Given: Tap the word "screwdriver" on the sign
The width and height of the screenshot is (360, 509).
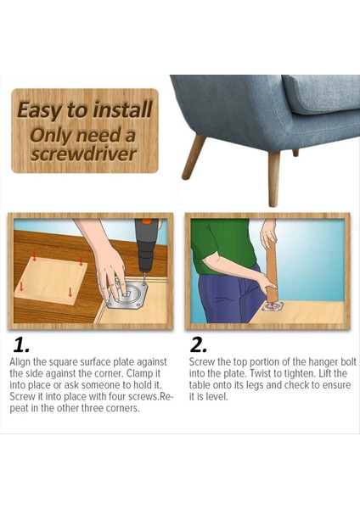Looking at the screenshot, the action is (83, 154).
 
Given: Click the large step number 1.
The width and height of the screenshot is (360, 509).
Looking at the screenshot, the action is (22, 345).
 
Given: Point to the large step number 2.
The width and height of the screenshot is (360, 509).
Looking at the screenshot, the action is (198, 344).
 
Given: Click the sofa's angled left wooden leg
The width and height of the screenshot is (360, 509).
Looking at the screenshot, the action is (194, 157).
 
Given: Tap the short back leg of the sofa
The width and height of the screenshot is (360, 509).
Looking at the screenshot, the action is (295, 153).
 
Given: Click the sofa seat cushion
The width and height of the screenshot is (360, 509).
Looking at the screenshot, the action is (321, 93).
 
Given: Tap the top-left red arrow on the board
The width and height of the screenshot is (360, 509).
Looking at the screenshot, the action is (34, 256).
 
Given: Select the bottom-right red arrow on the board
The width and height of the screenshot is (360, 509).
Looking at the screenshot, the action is (70, 292).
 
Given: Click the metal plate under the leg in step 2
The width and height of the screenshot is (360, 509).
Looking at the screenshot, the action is (273, 307).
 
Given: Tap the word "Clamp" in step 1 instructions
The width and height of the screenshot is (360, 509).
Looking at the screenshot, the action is (141, 373).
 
